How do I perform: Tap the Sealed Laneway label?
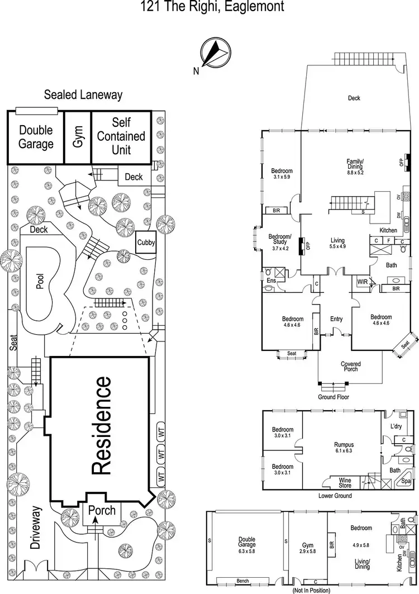point(83,95)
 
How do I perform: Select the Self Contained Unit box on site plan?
point(121,136)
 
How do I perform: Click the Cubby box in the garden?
point(146,243)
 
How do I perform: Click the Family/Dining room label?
point(355,166)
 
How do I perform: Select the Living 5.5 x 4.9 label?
point(337,243)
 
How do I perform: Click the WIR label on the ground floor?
point(363,282)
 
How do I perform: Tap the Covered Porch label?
point(351,366)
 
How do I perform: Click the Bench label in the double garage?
point(242,581)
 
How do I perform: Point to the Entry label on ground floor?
point(336,319)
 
